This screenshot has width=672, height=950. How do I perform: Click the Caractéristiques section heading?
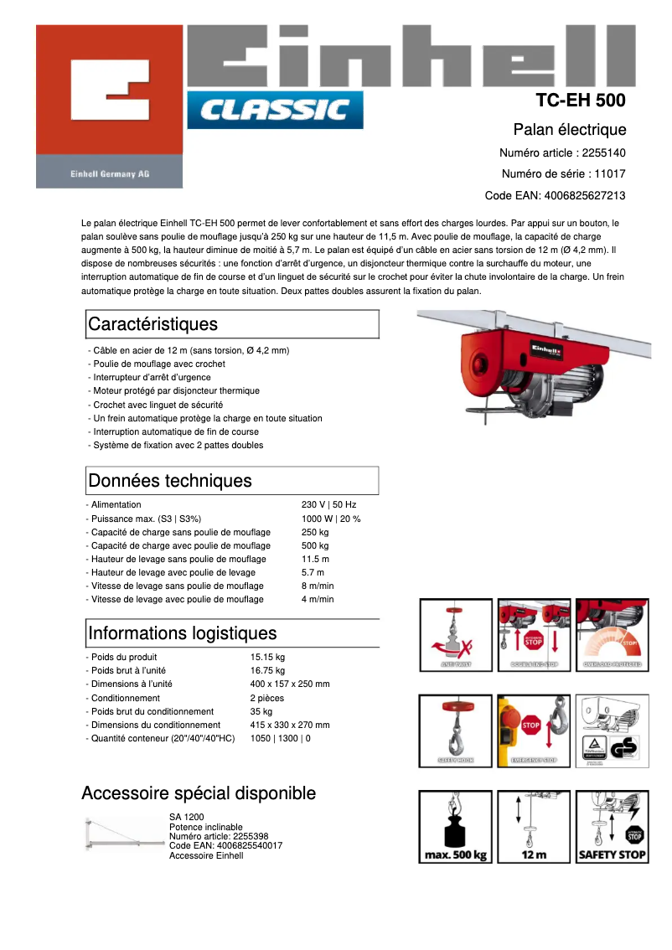(152, 324)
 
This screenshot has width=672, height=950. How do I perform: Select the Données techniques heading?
(169, 481)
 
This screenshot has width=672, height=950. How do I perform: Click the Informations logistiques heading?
(182, 632)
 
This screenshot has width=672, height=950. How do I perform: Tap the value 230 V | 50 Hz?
(328, 505)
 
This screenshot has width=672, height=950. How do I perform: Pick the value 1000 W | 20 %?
(331, 519)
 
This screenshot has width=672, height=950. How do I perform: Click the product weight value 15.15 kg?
(267, 657)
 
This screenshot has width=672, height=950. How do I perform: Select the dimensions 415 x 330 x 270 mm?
(290, 725)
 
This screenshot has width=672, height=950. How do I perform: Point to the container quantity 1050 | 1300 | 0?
(280, 738)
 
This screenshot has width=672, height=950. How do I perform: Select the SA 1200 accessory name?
(186, 817)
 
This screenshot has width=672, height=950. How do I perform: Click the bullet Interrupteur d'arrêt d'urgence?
(151, 377)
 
